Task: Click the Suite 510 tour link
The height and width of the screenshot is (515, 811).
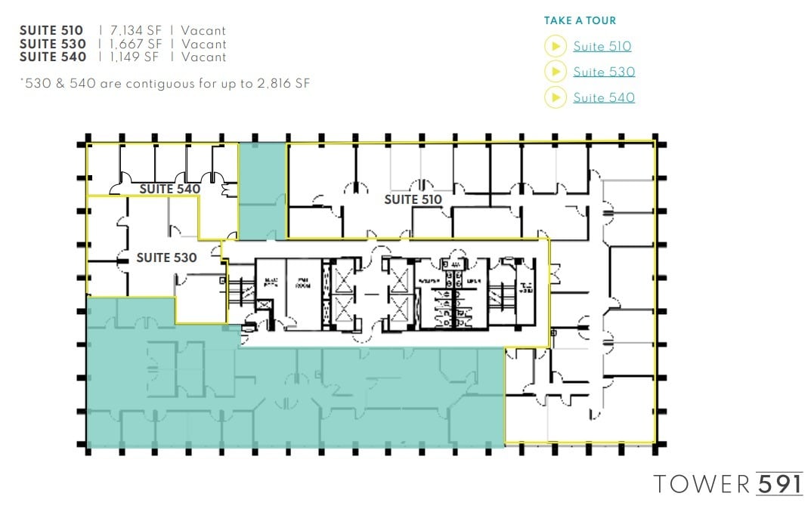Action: (x=602, y=47)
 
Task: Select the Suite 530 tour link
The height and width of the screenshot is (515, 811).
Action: (x=603, y=72)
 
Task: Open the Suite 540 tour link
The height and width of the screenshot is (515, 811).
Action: (x=603, y=98)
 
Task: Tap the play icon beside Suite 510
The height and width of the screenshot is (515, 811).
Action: (x=556, y=47)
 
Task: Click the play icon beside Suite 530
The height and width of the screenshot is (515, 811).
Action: (x=556, y=72)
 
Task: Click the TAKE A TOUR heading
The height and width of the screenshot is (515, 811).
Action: (x=580, y=21)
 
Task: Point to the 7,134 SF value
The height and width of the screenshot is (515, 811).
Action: (x=135, y=31)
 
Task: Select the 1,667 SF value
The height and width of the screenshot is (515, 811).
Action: (x=135, y=44)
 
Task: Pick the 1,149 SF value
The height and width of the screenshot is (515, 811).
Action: (x=135, y=57)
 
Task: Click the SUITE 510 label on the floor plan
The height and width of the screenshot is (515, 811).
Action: (x=413, y=200)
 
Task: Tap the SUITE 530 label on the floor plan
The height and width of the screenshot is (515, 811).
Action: (x=166, y=258)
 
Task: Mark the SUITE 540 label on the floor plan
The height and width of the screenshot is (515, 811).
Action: (x=170, y=189)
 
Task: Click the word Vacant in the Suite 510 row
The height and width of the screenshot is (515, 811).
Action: (x=203, y=31)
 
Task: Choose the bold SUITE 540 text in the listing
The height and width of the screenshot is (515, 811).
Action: (x=52, y=57)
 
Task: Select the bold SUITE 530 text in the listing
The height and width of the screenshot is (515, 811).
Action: (x=52, y=44)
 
